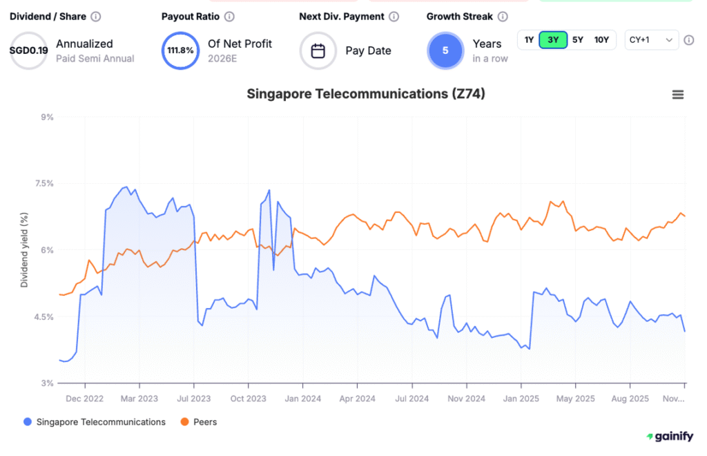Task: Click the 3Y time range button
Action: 553,40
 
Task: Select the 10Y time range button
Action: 601,40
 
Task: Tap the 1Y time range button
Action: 529,40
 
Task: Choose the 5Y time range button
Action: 578,40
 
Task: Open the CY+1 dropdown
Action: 651,40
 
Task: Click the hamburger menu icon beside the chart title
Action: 678,95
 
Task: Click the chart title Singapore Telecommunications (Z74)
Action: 366,94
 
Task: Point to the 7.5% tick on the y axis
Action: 45,183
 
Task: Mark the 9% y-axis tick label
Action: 48,117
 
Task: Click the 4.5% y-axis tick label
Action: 45,316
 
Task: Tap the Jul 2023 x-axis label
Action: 194,398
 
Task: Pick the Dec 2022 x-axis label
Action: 85,398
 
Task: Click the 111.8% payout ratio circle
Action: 180,51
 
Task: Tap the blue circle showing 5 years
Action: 445,51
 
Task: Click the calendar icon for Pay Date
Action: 318,51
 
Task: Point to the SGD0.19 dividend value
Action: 28,51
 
